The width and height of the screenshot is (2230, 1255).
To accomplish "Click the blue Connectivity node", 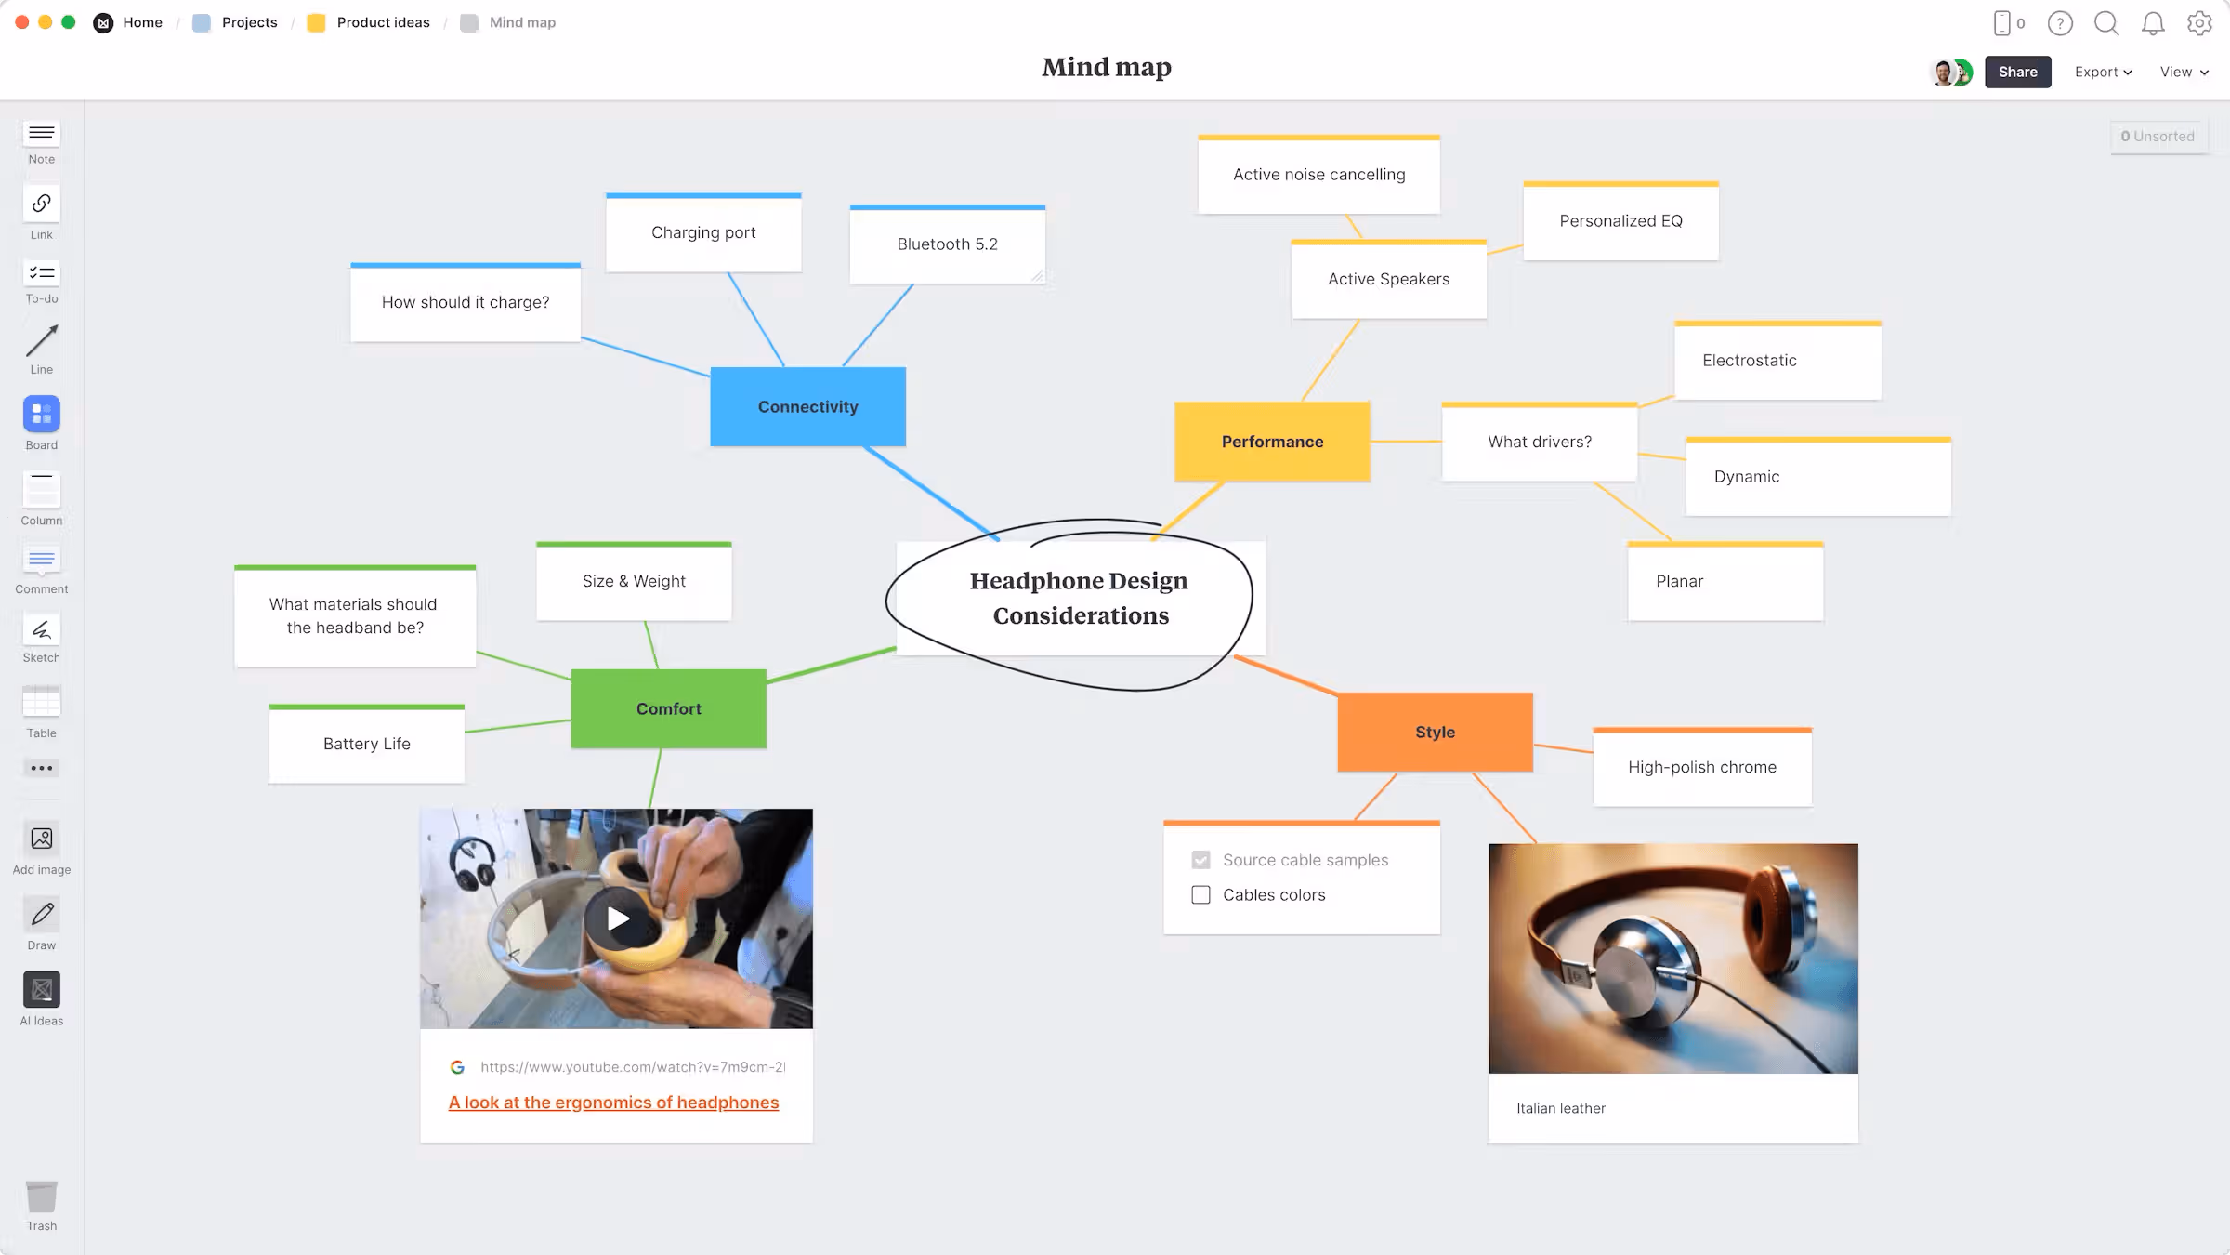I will pos(807,407).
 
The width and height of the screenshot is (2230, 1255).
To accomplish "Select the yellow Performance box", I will pos(1272,442).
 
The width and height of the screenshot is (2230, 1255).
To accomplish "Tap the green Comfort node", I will pos(668,709).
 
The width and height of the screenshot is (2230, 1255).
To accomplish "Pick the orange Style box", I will pos(1435,733).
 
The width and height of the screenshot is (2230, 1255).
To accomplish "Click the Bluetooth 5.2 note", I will pos(947,244).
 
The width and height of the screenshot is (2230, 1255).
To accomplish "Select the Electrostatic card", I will pos(1777,361).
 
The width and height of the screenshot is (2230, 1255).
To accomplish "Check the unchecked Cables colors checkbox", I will pos(1200,895).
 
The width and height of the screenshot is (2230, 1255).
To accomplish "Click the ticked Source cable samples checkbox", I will pos(1200,861).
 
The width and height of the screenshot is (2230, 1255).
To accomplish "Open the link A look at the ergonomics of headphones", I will pos(613,1103).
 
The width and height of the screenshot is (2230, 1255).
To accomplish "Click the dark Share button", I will pos(2017,73).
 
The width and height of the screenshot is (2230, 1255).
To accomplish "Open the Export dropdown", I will pos(2103,73).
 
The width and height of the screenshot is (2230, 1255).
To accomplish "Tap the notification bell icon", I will pos(2153,24).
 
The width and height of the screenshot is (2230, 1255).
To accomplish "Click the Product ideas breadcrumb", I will pos(383,23).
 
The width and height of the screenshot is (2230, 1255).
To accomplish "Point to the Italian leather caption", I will pos(1561,1108).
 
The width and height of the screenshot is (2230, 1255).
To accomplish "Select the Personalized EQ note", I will pos(1620,221).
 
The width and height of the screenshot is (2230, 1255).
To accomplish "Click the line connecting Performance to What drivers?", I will pos(1406,442).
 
